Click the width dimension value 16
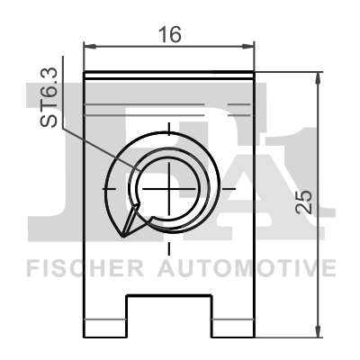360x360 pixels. tap(168, 35)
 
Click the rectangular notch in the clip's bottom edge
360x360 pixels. tap(168, 316)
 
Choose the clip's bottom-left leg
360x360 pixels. tap(104, 319)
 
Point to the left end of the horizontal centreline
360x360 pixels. tap(103, 188)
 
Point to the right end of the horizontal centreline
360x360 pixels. tap(236, 188)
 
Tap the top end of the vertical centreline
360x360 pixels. tap(168, 121)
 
